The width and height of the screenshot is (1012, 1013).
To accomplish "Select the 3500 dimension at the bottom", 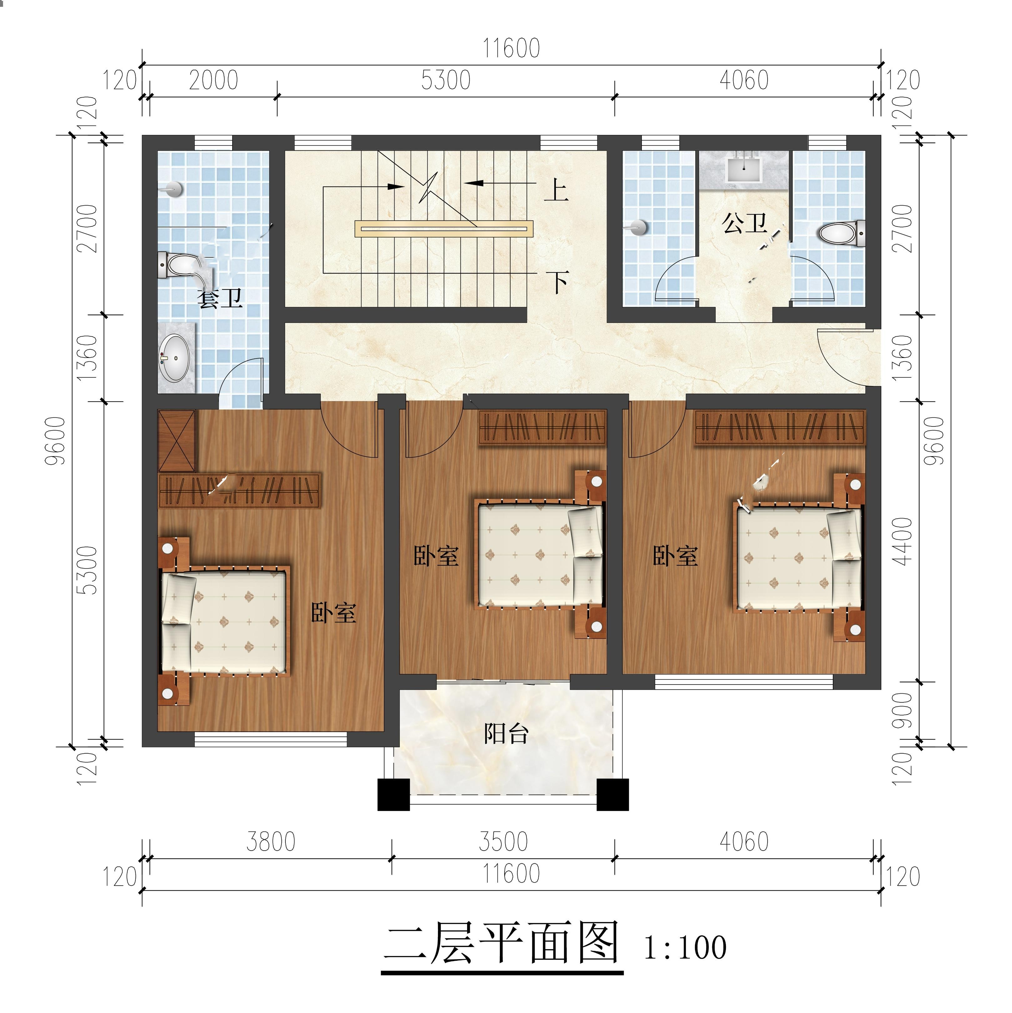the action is pyautogui.click(x=503, y=842).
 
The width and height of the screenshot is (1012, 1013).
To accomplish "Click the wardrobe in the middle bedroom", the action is pyautogui.click(x=542, y=427).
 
